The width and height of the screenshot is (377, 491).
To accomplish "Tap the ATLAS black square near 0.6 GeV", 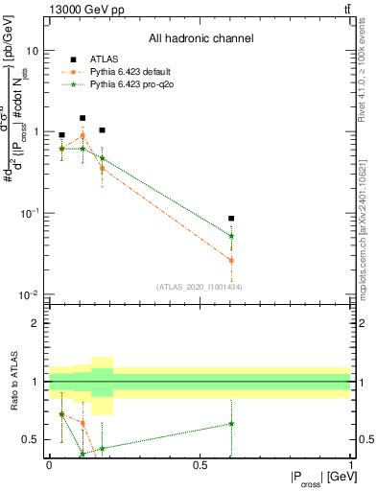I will [231, 219].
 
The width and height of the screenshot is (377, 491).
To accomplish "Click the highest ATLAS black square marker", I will [82, 118].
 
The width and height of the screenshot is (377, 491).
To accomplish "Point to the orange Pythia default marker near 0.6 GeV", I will [231, 260].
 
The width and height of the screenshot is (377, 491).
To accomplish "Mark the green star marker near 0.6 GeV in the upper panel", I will [231, 236].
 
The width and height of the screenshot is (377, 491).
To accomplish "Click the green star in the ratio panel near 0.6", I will [231, 423].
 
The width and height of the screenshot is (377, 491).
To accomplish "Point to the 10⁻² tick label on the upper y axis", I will [30, 294].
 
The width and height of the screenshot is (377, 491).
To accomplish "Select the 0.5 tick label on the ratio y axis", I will [30, 440].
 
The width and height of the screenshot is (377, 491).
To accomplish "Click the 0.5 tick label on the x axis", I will [200, 464].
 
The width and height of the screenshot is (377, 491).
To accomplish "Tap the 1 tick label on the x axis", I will [350, 464].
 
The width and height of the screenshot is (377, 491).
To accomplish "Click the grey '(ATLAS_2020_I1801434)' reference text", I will [200, 287].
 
